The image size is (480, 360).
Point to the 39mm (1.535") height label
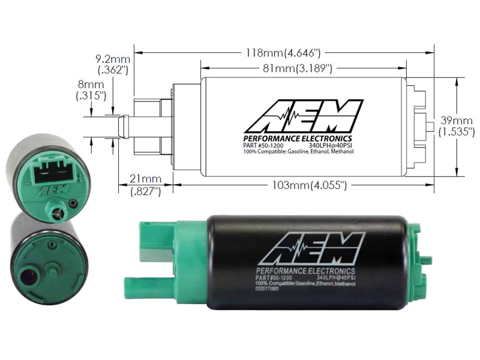pos(457,125)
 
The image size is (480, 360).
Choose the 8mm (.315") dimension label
pos(91,90)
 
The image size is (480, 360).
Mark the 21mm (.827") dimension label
pos(145,185)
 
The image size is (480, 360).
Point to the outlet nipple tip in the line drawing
pos(122,127)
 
